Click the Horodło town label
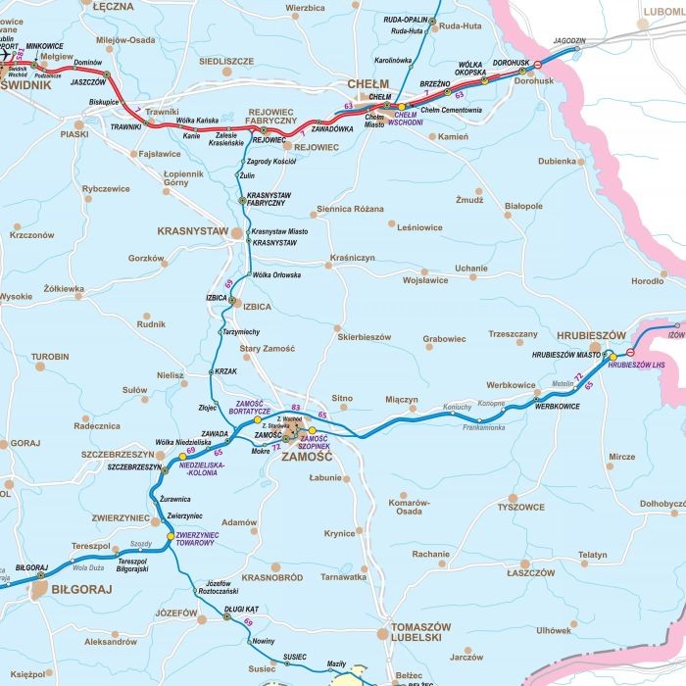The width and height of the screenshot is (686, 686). pyautogui.click(x=647, y=281)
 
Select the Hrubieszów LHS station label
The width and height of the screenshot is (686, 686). pyautogui.click(x=636, y=365)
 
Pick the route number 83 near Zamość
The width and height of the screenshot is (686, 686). pyautogui.click(x=295, y=407)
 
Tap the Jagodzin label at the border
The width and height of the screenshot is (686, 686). pyautogui.click(x=568, y=41)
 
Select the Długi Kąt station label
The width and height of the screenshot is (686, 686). pyautogui.click(x=240, y=609)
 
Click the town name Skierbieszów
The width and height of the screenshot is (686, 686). pyautogui.click(x=364, y=337)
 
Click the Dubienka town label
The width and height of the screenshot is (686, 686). pyautogui.click(x=557, y=161)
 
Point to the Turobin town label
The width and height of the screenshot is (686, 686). pyautogui.click(x=49, y=357)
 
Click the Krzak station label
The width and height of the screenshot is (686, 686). pyautogui.click(x=226, y=371)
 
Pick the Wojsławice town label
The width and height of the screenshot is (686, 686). pyautogui.click(x=425, y=280)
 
